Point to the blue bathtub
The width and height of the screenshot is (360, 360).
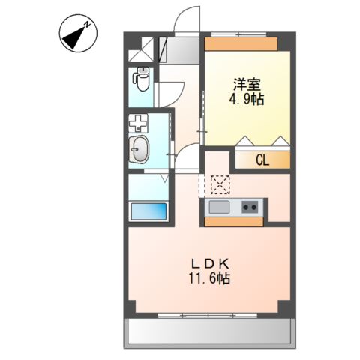[148, 211]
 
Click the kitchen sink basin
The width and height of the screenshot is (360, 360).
[219, 207]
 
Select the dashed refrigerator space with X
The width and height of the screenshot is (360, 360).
[220, 183]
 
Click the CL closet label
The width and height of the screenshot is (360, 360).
[262, 160]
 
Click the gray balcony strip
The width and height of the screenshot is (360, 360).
[207, 330]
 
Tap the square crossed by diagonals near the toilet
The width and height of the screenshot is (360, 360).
[140, 51]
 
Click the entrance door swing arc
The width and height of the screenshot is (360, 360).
[185, 19]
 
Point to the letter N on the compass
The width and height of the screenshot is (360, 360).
[88, 25]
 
